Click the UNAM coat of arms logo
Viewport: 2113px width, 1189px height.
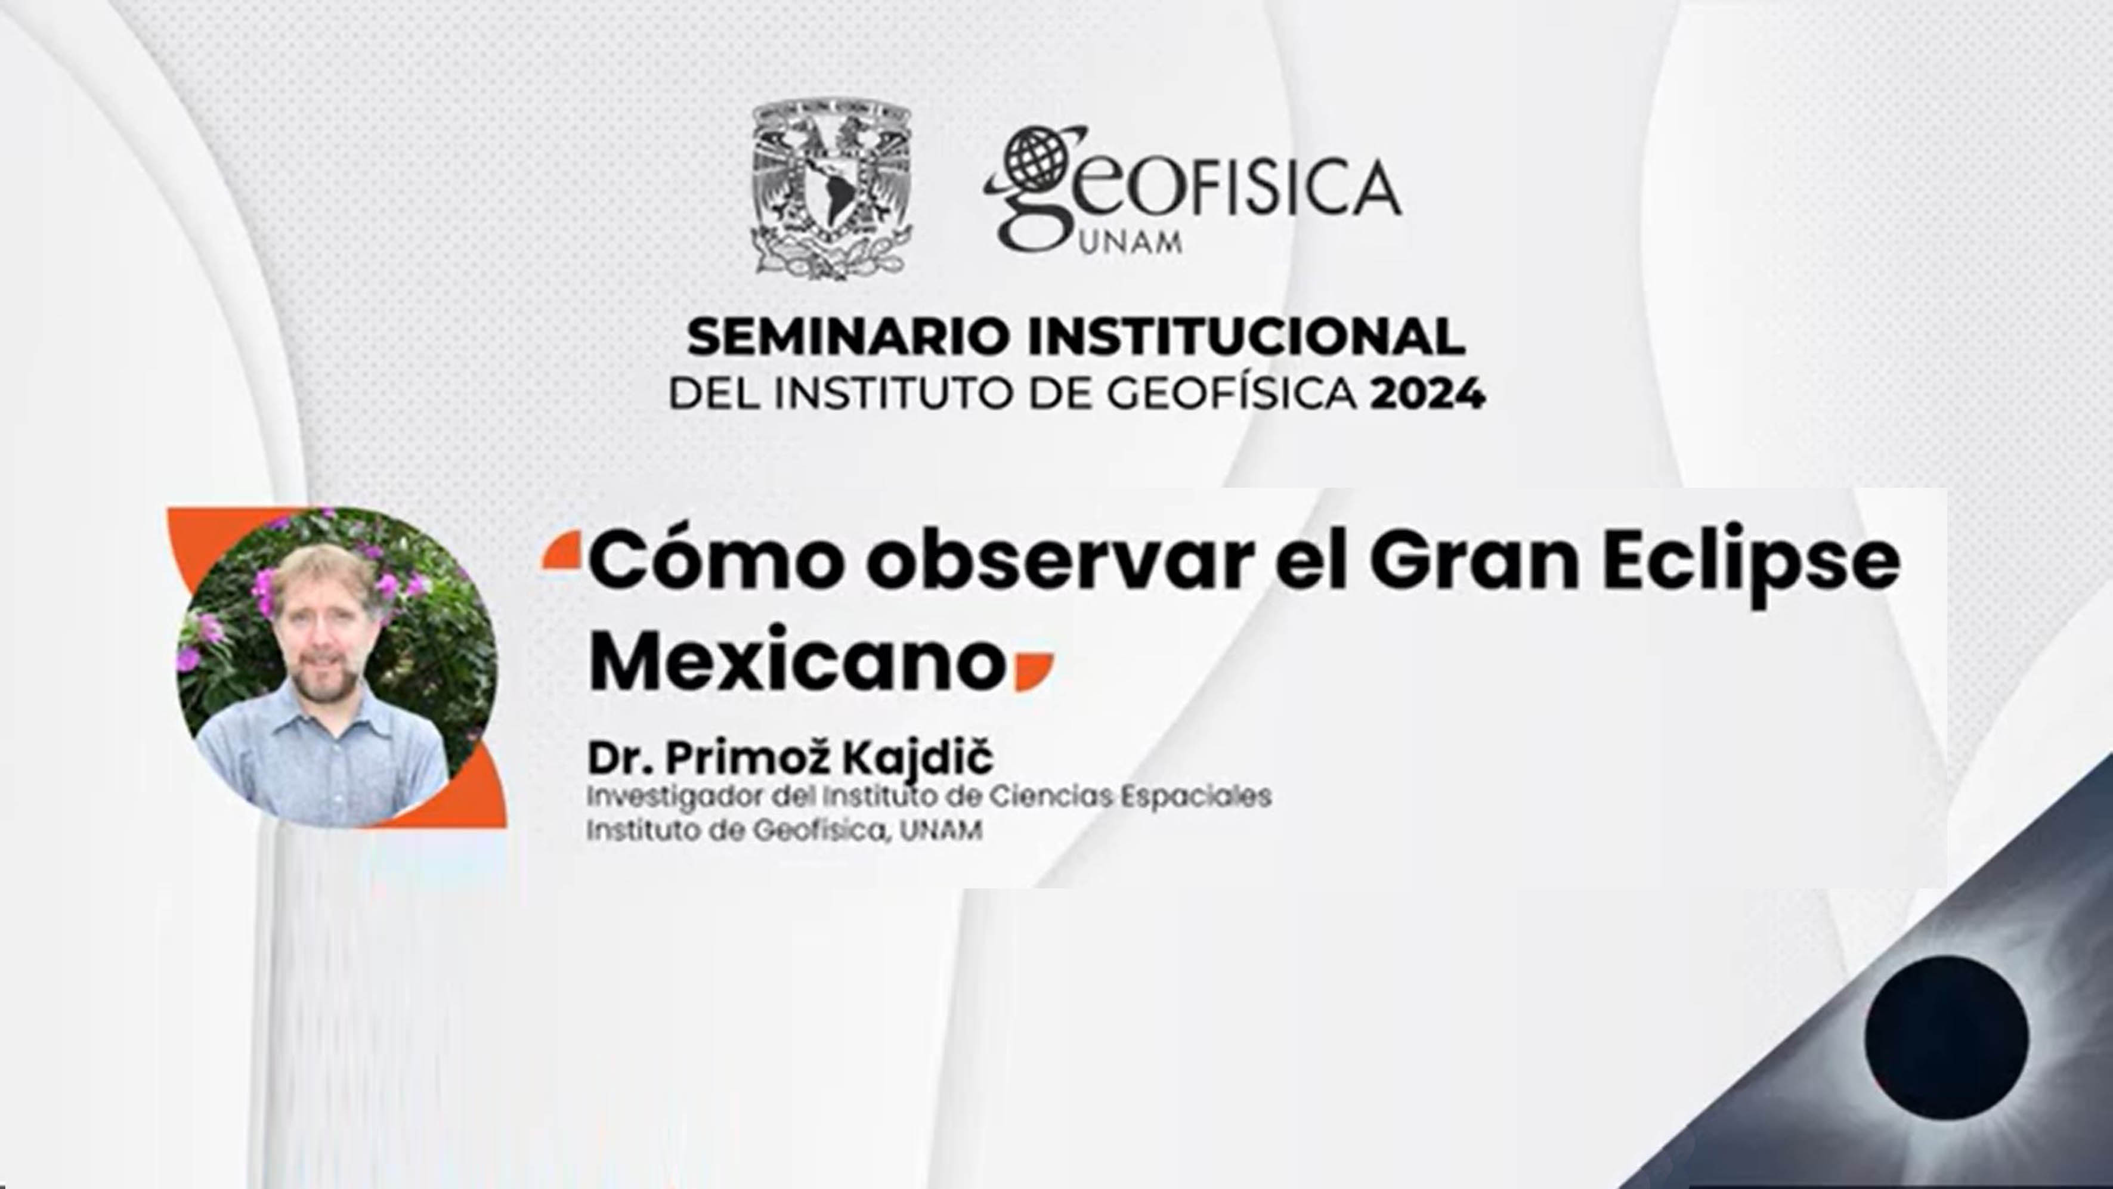click(x=831, y=188)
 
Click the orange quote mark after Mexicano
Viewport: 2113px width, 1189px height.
click(x=1034, y=671)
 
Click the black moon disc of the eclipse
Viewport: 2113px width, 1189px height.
click(x=1945, y=1038)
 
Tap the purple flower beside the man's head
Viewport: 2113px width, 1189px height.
click(x=262, y=583)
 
